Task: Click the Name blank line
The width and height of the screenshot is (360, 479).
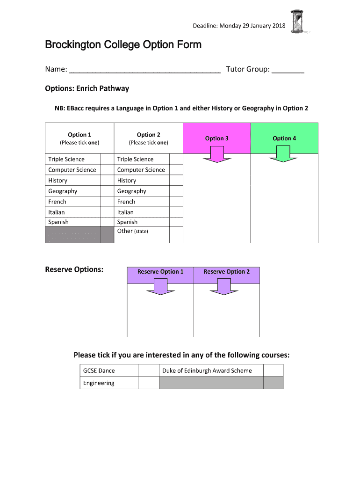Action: pyautogui.click(x=144, y=70)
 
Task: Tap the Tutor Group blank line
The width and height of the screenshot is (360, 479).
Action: pyautogui.click(x=288, y=70)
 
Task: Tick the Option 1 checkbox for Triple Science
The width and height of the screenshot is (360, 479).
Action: pyautogui.click(x=107, y=159)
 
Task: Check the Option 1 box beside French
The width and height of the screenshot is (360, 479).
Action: pyautogui.click(x=107, y=202)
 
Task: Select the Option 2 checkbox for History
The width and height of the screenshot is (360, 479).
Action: pyautogui.click(x=176, y=181)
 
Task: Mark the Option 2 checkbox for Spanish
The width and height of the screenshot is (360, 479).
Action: pyautogui.click(x=176, y=222)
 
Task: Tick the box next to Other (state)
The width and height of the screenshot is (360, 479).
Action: pyautogui.click(x=176, y=235)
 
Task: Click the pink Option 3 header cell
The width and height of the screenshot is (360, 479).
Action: pyautogui.click(x=217, y=138)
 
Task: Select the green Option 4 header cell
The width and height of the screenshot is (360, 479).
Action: pyautogui.click(x=284, y=138)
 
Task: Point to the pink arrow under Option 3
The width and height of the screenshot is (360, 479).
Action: pyautogui.click(x=217, y=154)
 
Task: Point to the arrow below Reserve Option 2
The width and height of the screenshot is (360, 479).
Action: pyautogui.click(x=224, y=286)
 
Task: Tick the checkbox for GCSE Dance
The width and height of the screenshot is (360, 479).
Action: pyautogui.click(x=149, y=370)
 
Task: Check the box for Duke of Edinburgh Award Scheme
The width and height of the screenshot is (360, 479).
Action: pyautogui.click(x=273, y=370)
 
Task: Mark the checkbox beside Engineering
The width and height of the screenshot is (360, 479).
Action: pyautogui.click(x=149, y=383)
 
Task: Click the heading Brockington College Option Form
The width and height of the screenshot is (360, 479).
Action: pyautogui.click(x=123, y=45)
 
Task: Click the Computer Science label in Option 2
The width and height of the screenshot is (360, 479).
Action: pyautogui.click(x=141, y=170)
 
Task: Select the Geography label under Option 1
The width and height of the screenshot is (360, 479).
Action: pyautogui.click(x=63, y=191)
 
